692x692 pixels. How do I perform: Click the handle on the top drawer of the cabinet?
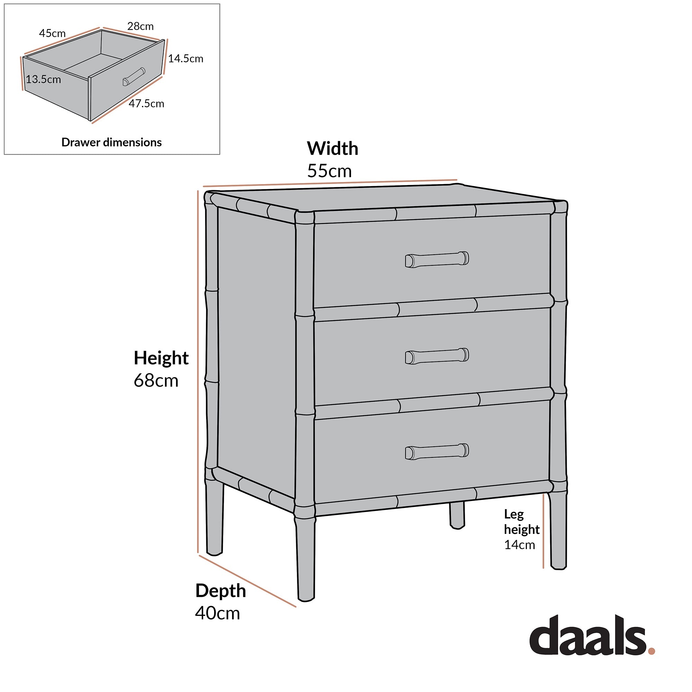coord(437,259)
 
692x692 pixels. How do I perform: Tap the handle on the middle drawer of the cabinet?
coord(437,356)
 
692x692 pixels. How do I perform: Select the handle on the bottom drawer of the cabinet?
coord(437,452)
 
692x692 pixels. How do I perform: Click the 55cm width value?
coord(329,171)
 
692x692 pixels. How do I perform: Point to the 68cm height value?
coord(156,380)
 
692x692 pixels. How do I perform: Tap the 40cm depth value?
coord(217,613)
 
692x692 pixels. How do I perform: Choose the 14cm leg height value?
coord(519,545)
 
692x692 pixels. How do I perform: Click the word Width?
coord(333,148)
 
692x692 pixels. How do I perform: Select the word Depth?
coord(221,591)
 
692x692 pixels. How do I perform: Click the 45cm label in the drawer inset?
coord(52,33)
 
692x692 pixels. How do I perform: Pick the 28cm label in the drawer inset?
coord(140,26)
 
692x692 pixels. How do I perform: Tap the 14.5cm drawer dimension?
coord(185,58)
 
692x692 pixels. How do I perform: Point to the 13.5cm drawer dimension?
coord(43,79)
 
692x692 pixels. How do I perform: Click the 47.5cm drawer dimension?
coord(146,103)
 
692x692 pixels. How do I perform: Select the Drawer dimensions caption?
coord(111,142)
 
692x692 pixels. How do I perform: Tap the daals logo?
coord(588,640)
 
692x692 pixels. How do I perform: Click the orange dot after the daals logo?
coord(652,651)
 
